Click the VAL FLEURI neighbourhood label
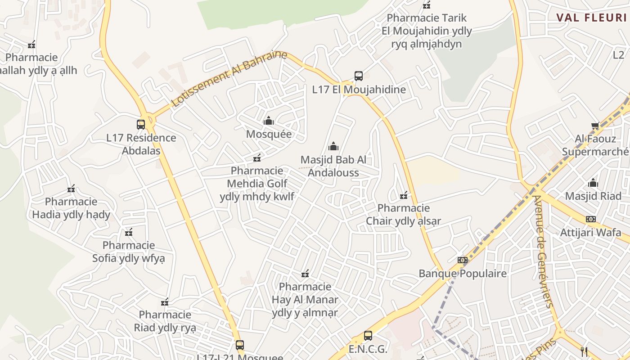[591, 18]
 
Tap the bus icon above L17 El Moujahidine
[359, 76]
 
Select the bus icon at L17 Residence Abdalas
[141, 124]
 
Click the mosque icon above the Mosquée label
[269, 121]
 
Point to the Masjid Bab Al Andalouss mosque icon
[333, 146]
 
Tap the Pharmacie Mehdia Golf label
[257, 184]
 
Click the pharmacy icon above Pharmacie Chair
[404, 195]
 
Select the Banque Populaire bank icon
[463, 260]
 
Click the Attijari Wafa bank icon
[591, 219]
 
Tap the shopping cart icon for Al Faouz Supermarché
[595, 126]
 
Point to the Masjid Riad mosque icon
[593, 183]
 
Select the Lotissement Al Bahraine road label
[229, 79]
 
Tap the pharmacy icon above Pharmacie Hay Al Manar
[305, 274]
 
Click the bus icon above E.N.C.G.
[368, 335]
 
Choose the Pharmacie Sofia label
[129, 252]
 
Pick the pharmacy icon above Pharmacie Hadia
[71, 189]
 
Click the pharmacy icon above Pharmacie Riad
[165, 301]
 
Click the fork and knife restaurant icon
[584, 351]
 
